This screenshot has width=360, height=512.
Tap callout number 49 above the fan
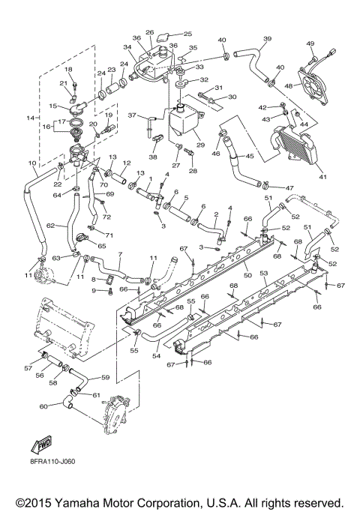[310, 43]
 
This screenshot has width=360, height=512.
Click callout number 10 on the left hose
[32, 163]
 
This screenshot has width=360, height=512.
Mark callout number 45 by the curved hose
[250, 156]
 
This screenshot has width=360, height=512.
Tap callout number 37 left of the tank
[130, 115]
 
